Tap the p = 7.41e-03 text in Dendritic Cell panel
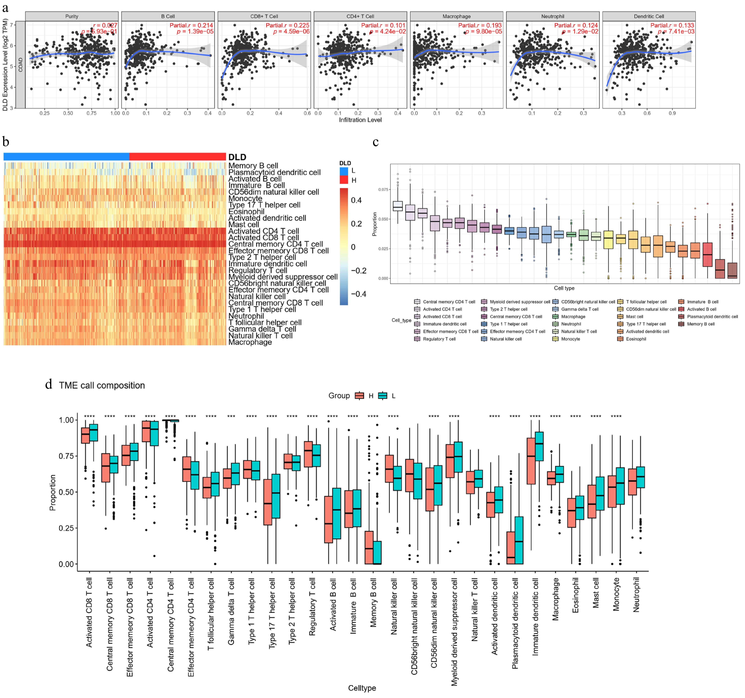tap(676, 31)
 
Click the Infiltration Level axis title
tap(360, 120)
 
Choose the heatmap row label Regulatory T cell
tap(258, 270)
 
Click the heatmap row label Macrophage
tap(250, 342)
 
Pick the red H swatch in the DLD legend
tap(344, 180)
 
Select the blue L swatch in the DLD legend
tap(344, 171)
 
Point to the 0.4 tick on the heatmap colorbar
tap(356, 200)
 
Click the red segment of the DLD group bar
tap(177, 156)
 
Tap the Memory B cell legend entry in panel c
tap(700, 324)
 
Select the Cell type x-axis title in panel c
tap(564, 288)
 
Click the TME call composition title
tap(102, 385)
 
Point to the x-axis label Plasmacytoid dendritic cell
tap(515, 623)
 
